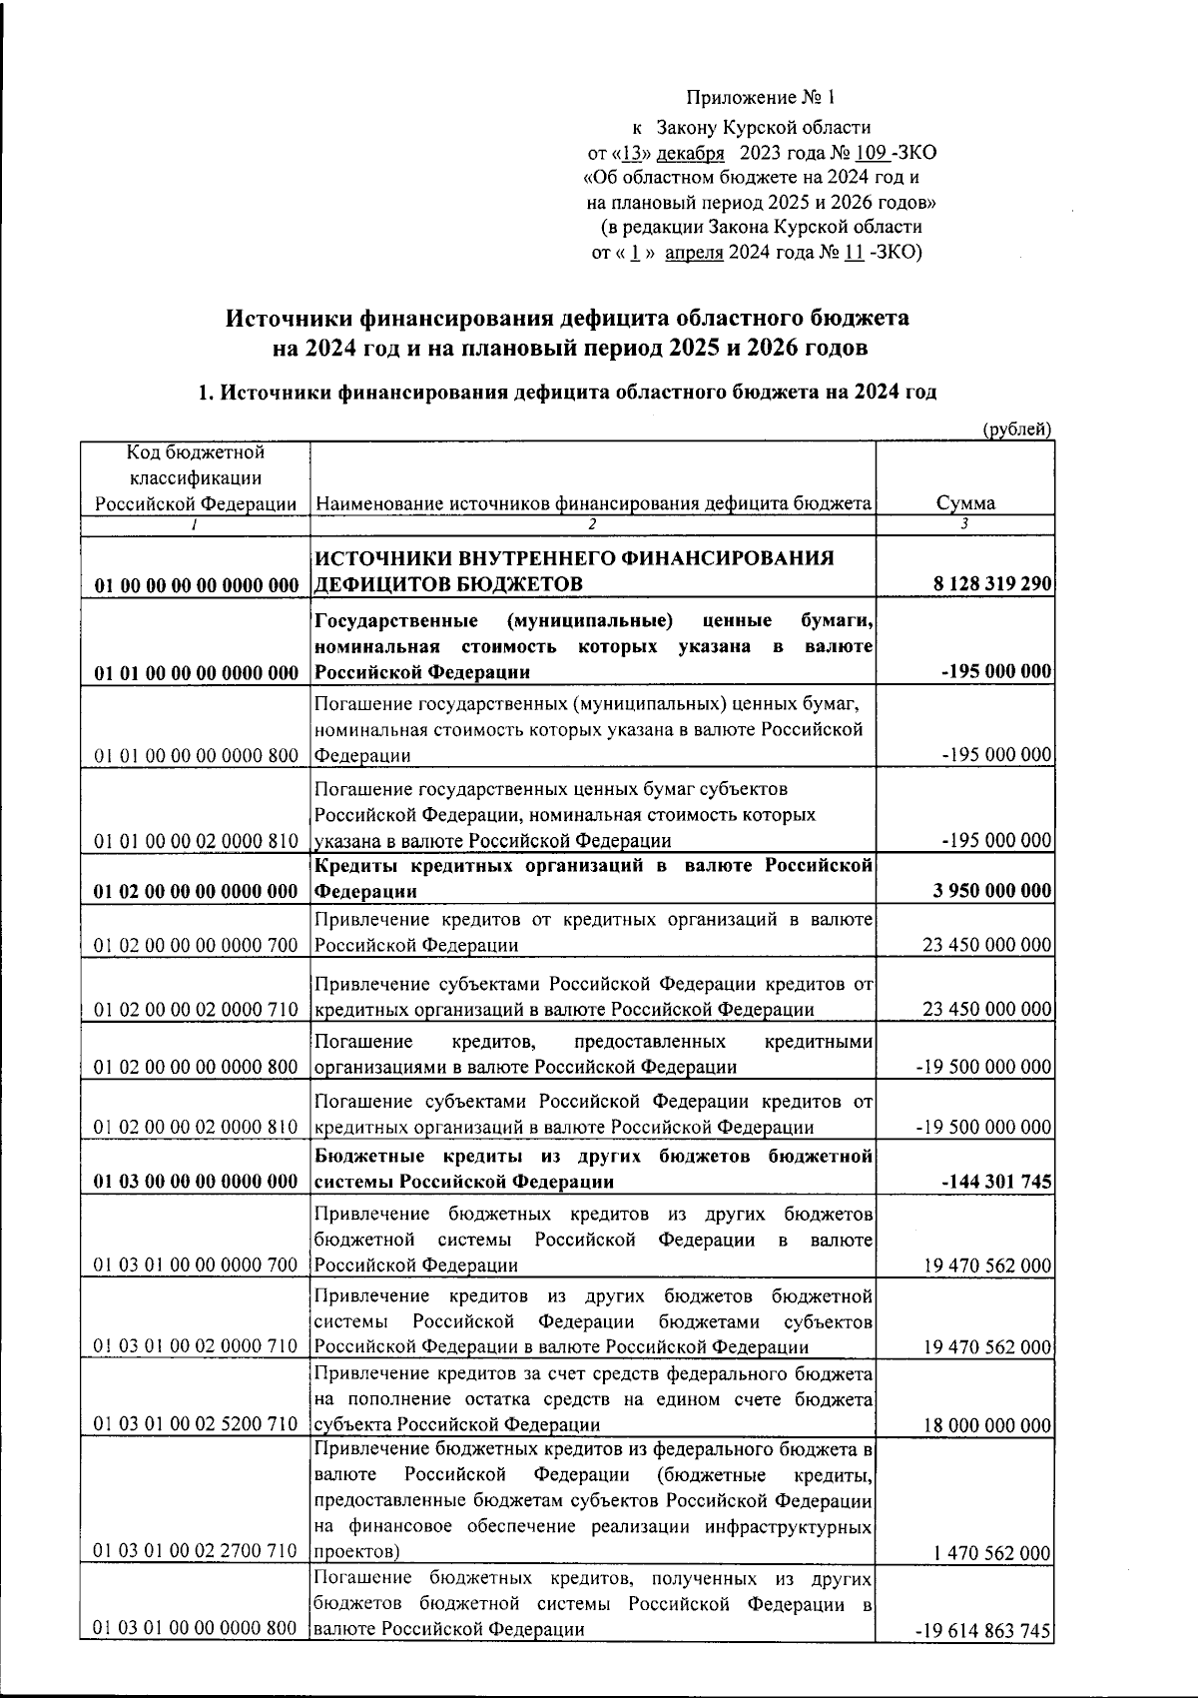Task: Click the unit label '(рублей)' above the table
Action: coord(1015,429)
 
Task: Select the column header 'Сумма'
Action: coord(964,503)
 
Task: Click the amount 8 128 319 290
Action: coord(992,583)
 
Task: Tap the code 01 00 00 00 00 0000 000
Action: coord(197,584)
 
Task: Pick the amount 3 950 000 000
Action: coord(992,891)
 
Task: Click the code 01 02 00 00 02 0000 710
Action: coord(197,1010)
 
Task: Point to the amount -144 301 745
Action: coord(996,1182)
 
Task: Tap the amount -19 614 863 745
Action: coord(983,1631)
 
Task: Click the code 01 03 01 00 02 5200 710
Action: coord(197,1425)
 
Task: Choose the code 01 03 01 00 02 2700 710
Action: coord(197,1551)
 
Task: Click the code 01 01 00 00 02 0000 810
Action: coord(197,841)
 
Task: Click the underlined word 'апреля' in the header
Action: coord(694,253)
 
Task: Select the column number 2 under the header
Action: coord(592,524)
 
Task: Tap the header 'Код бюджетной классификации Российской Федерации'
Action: coord(196,478)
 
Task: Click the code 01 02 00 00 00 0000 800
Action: coord(197,1068)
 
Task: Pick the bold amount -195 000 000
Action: coord(996,671)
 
